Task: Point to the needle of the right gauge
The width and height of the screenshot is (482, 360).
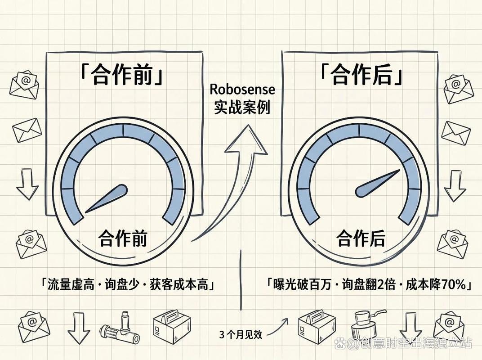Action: point(378,183)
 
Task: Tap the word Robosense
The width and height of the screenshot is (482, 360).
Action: point(242,89)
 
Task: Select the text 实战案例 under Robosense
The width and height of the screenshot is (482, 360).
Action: point(242,108)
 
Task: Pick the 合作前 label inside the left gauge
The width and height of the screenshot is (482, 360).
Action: point(123,238)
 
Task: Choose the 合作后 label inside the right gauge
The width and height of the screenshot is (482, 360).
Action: point(361,238)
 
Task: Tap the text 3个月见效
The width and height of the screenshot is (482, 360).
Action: point(241,334)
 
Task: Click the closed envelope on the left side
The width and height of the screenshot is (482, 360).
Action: point(27,130)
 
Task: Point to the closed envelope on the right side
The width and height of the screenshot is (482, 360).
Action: point(456,134)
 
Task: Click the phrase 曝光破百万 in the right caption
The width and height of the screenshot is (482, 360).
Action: point(302,285)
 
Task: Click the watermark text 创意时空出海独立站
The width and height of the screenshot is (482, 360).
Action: point(415,343)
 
